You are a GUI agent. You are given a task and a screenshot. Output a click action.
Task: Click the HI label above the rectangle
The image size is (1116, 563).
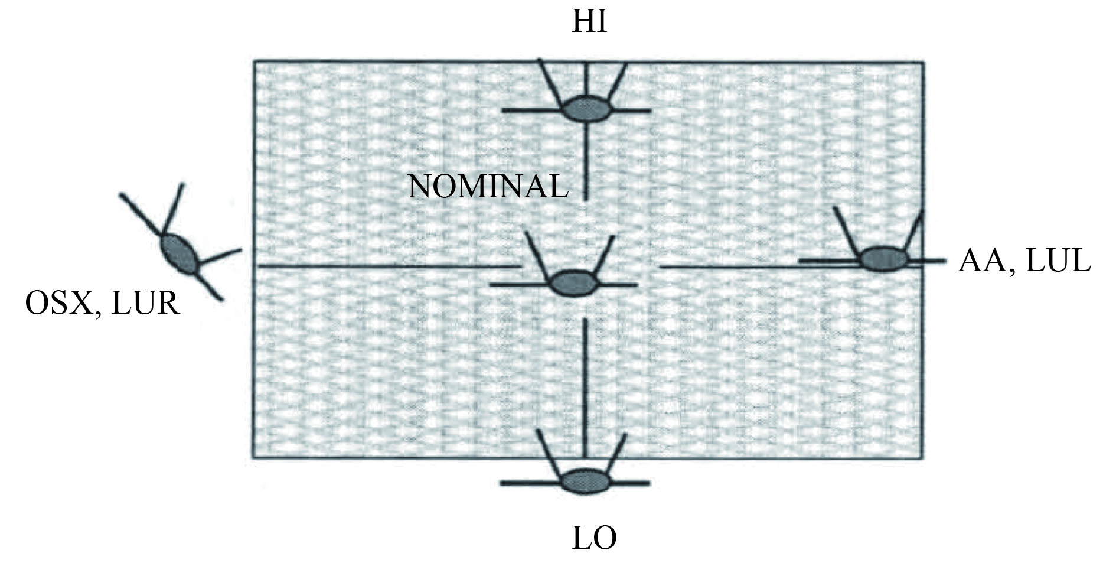click(x=589, y=22)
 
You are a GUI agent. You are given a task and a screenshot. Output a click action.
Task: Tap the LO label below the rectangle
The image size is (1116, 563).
click(x=594, y=538)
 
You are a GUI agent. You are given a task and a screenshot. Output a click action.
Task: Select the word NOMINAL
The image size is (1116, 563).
click(x=488, y=187)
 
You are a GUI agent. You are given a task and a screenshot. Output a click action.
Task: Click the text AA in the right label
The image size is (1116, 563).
click(x=981, y=261)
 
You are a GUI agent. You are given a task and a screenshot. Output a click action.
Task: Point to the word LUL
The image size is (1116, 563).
click(x=1057, y=261)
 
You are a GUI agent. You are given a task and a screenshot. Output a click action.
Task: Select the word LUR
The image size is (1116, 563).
click(x=145, y=304)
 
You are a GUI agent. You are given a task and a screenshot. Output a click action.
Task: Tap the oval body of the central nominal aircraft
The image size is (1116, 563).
click(x=574, y=283)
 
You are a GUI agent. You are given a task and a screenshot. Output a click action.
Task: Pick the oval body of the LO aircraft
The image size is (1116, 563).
click(x=585, y=481)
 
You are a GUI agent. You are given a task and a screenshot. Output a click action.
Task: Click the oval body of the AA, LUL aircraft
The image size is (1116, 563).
click(x=883, y=259)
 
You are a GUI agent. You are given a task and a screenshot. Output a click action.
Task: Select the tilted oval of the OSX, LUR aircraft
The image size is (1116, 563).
click(x=179, y=254)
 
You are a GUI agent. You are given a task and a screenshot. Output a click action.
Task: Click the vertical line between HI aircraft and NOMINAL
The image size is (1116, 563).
click(x=585, y=160)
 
